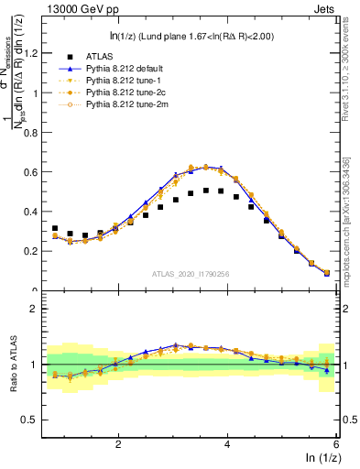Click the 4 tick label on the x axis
coord(227,443)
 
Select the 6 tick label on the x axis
coord(336,443)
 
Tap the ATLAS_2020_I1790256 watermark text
coord(190,274)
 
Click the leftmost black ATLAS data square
coord(55,228)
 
